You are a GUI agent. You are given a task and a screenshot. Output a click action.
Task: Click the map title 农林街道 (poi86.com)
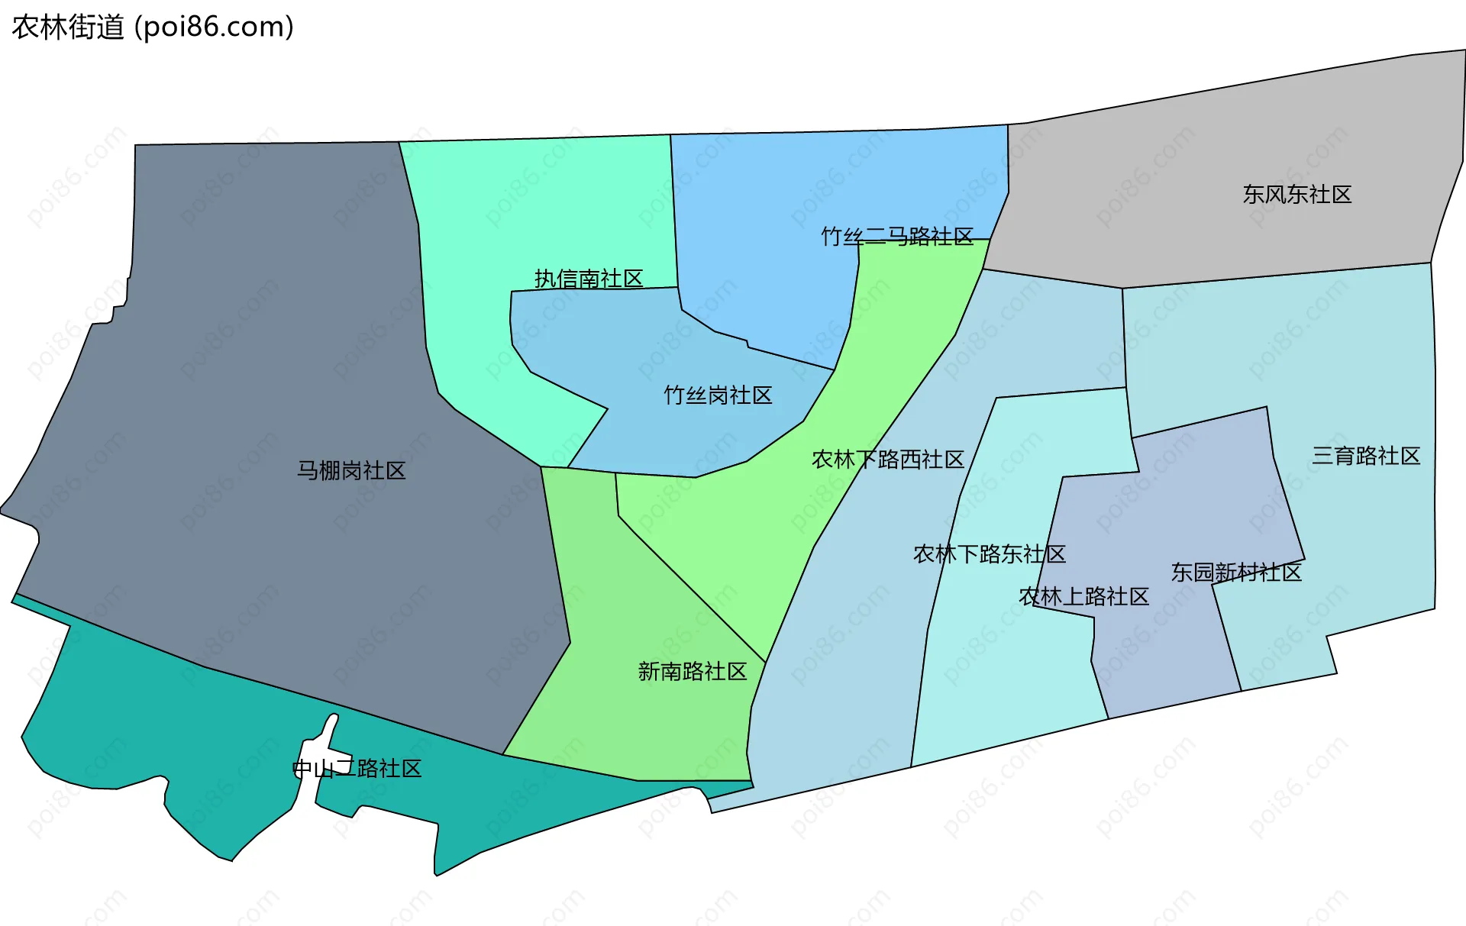pos(153,27)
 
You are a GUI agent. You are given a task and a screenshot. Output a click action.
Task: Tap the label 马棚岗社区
pos(351,470)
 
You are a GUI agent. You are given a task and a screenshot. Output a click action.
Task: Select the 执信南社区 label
pos(589,279)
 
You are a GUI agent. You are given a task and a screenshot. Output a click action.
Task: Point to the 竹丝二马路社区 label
pos(897,237)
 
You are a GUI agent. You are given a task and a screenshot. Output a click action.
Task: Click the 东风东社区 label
pos(1297,195)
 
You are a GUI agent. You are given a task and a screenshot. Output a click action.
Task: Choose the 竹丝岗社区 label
pos(718,395)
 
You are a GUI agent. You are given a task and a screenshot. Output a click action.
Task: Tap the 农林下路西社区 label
pos(888,460)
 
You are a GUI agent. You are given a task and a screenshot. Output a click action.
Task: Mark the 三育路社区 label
pos(1366,456)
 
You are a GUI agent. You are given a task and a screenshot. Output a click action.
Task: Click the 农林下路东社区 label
pos(990,553)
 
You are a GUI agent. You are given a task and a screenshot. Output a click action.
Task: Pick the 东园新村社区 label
pos(1236,573)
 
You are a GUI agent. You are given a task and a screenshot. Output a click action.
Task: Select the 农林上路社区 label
pos(1084,596)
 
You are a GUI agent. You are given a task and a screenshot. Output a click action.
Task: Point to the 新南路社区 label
pos(693,672)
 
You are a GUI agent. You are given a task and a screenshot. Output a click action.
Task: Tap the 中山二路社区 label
pos(357,768)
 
